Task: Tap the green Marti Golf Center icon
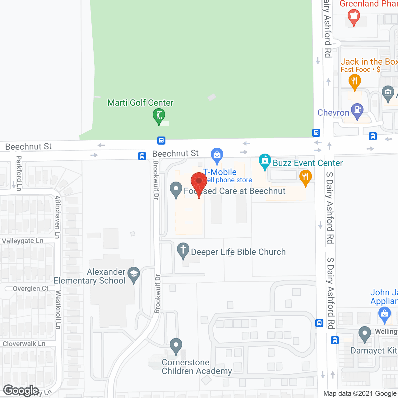(x=159, y=116)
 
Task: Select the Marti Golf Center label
(x=140, y=103)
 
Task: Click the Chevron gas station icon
(x=357, y=111)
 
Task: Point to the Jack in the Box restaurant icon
(x=354, y=82)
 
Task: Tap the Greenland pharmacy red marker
(x=354, y=16)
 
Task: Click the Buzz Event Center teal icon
(x=265, y=161)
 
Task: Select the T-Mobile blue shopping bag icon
(x=217, y=155)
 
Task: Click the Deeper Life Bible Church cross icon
(x=183, y=250)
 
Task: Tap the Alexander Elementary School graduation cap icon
(x=134, y=274)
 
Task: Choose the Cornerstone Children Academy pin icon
(x=176, y=345)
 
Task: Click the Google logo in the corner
(x=21, y=391)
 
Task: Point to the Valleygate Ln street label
(x=22, y=241)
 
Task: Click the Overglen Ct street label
(x=30, y=289)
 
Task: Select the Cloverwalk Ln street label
(x=24, y=344)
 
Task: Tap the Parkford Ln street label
(x=19, y=173)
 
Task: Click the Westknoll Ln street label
(x=58, y=310)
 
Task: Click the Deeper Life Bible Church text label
(x=238, y=252)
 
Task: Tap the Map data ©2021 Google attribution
(x=360, y=394)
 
